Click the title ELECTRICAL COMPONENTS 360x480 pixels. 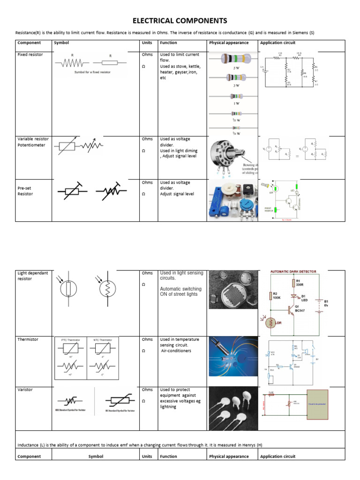click(180, 21)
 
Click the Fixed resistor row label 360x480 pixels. click(30, 55)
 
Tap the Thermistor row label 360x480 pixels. click(28, 339)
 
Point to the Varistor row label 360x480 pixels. click(25, 390)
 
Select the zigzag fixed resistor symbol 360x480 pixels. click(72, 62)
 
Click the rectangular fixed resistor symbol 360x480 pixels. click(110, 62)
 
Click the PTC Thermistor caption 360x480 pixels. click(71, 339)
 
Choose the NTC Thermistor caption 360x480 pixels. click(102, 339)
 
